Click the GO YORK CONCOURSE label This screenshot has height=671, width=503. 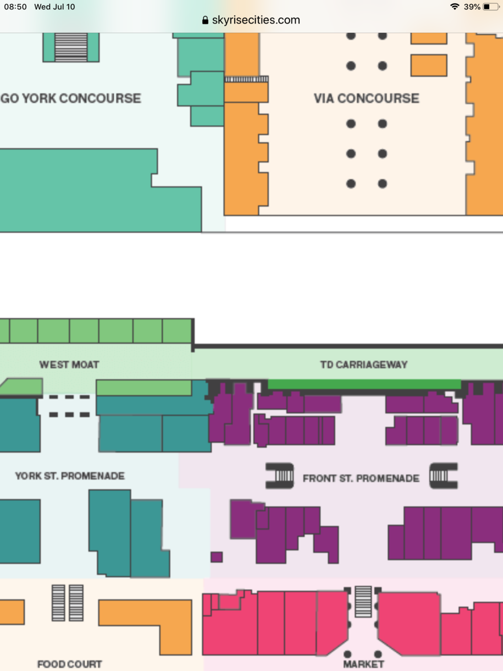tap(71, 98)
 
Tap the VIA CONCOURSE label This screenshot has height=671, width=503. tap(366, 98)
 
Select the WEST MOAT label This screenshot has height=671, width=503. tap(69, 364)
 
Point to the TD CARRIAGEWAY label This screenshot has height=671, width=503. tap(364, 364)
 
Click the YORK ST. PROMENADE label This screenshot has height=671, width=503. tap(70, 476)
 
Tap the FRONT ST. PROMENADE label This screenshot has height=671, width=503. tap(361, 478)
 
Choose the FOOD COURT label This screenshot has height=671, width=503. tap(69, 664)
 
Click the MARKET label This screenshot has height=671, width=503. tap(364, 664)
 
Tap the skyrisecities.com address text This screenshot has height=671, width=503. tap(256, 20)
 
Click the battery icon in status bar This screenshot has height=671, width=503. tap(491, 7)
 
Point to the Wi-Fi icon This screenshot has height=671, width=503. tap(454, 7)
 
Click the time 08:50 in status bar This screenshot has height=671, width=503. tap(15, 7)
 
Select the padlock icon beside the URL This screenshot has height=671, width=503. tap(205, 20)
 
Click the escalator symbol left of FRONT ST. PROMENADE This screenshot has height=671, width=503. tap(280, 475)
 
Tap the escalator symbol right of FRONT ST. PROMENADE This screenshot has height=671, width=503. tap(443, 475)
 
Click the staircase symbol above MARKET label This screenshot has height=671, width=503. tap(363, 601)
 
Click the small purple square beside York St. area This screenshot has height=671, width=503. tap(216, 557)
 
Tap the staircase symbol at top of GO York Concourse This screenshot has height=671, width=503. tap(71, 47)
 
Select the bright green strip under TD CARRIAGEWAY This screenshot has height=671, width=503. tap(364, 384)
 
